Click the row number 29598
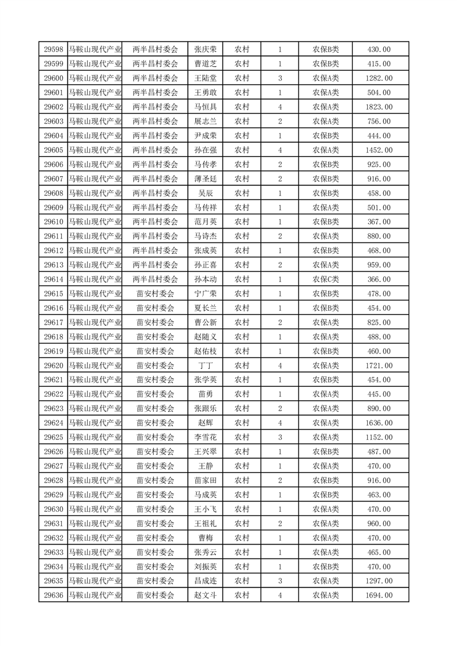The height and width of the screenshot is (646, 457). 54,50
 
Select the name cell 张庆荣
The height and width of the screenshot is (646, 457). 205,50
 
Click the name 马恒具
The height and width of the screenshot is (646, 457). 205,107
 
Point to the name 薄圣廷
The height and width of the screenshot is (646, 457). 205,179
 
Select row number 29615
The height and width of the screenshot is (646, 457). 54,294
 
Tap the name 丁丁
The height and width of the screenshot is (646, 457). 205,366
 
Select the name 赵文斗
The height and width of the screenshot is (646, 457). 205,595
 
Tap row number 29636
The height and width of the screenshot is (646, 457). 54,595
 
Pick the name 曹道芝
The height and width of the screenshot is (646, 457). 205,64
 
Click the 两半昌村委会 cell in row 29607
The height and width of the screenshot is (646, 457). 155,179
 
